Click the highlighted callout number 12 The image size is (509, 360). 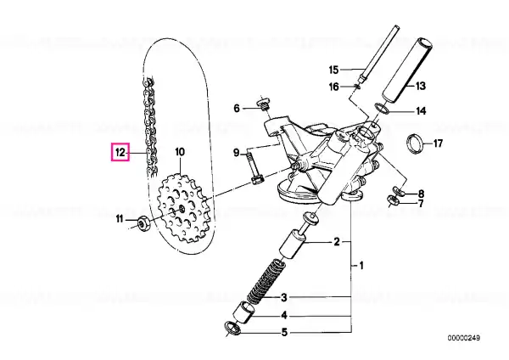pos(120,152)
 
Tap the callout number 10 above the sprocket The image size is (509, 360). pos(180,152)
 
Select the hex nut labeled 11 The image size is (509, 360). pos(143,223)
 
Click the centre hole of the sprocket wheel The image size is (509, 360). pos(182,209)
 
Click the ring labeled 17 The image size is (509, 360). pos(415,143)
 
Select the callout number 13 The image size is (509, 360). pos(420,86)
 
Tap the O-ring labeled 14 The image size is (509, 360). pos(383,109)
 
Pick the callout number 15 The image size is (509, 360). pos(333,70)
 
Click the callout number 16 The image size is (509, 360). pos(333,87)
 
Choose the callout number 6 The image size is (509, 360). pos(237,108)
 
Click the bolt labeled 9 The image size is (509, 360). pos(254,168)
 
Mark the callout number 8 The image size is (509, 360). pos(421,194)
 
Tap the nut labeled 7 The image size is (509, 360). pos(394,200)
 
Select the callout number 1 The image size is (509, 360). pos(361,266)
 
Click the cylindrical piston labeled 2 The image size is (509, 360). pos(294,245)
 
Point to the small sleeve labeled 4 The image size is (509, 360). pos(243,312)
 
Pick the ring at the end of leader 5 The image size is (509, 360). pos(232,329)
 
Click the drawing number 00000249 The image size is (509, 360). pos(464,338)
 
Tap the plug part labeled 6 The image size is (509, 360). pos(263,104)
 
